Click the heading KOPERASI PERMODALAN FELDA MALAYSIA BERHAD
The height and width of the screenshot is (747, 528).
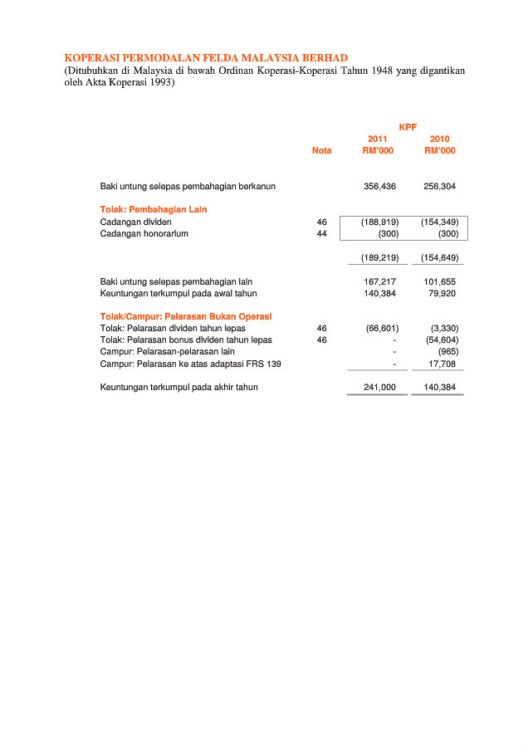(200, 57)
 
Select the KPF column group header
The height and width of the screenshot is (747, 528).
(408, 127)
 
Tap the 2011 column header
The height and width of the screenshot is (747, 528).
(378, 139)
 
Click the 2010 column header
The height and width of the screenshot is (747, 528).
(440, 139)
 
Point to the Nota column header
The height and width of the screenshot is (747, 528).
(321, 150)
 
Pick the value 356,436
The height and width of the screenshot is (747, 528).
(379, 187)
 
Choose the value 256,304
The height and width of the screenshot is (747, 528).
(440, 187)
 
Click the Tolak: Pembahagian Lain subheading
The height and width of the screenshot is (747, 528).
(154, 209)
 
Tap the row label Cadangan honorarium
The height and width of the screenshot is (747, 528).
(144, 234)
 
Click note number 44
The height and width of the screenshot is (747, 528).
(322, 234)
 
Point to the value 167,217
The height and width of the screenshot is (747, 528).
(379, 282)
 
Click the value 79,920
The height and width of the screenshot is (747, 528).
(443, 293)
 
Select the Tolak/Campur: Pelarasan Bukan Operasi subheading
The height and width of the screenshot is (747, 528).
(186, 316)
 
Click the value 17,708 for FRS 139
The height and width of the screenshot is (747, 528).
(442, 364)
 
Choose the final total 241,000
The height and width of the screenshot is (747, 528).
(379, 388)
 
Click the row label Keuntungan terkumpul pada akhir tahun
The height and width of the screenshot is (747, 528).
(179, 388)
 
